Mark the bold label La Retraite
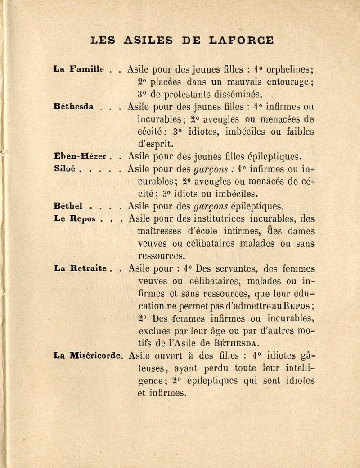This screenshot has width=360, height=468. pyautogui.click(x=79, y=269)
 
